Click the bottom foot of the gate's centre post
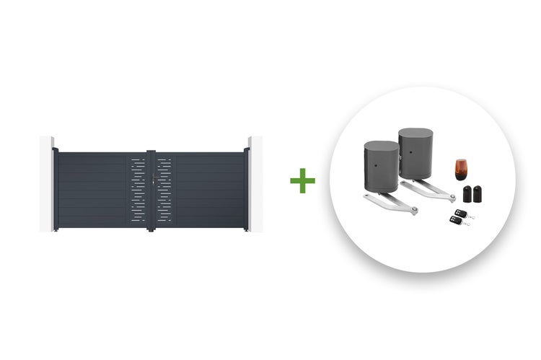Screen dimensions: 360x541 point(150,229)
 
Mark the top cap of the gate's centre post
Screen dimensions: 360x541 point(150,151)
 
